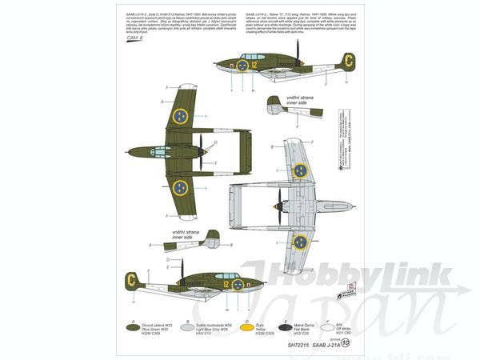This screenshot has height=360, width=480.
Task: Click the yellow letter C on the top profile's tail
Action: [349, 60]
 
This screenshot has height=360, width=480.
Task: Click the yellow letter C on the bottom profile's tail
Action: [130, 279]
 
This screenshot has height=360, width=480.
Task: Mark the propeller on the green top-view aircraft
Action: [203, 146]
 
